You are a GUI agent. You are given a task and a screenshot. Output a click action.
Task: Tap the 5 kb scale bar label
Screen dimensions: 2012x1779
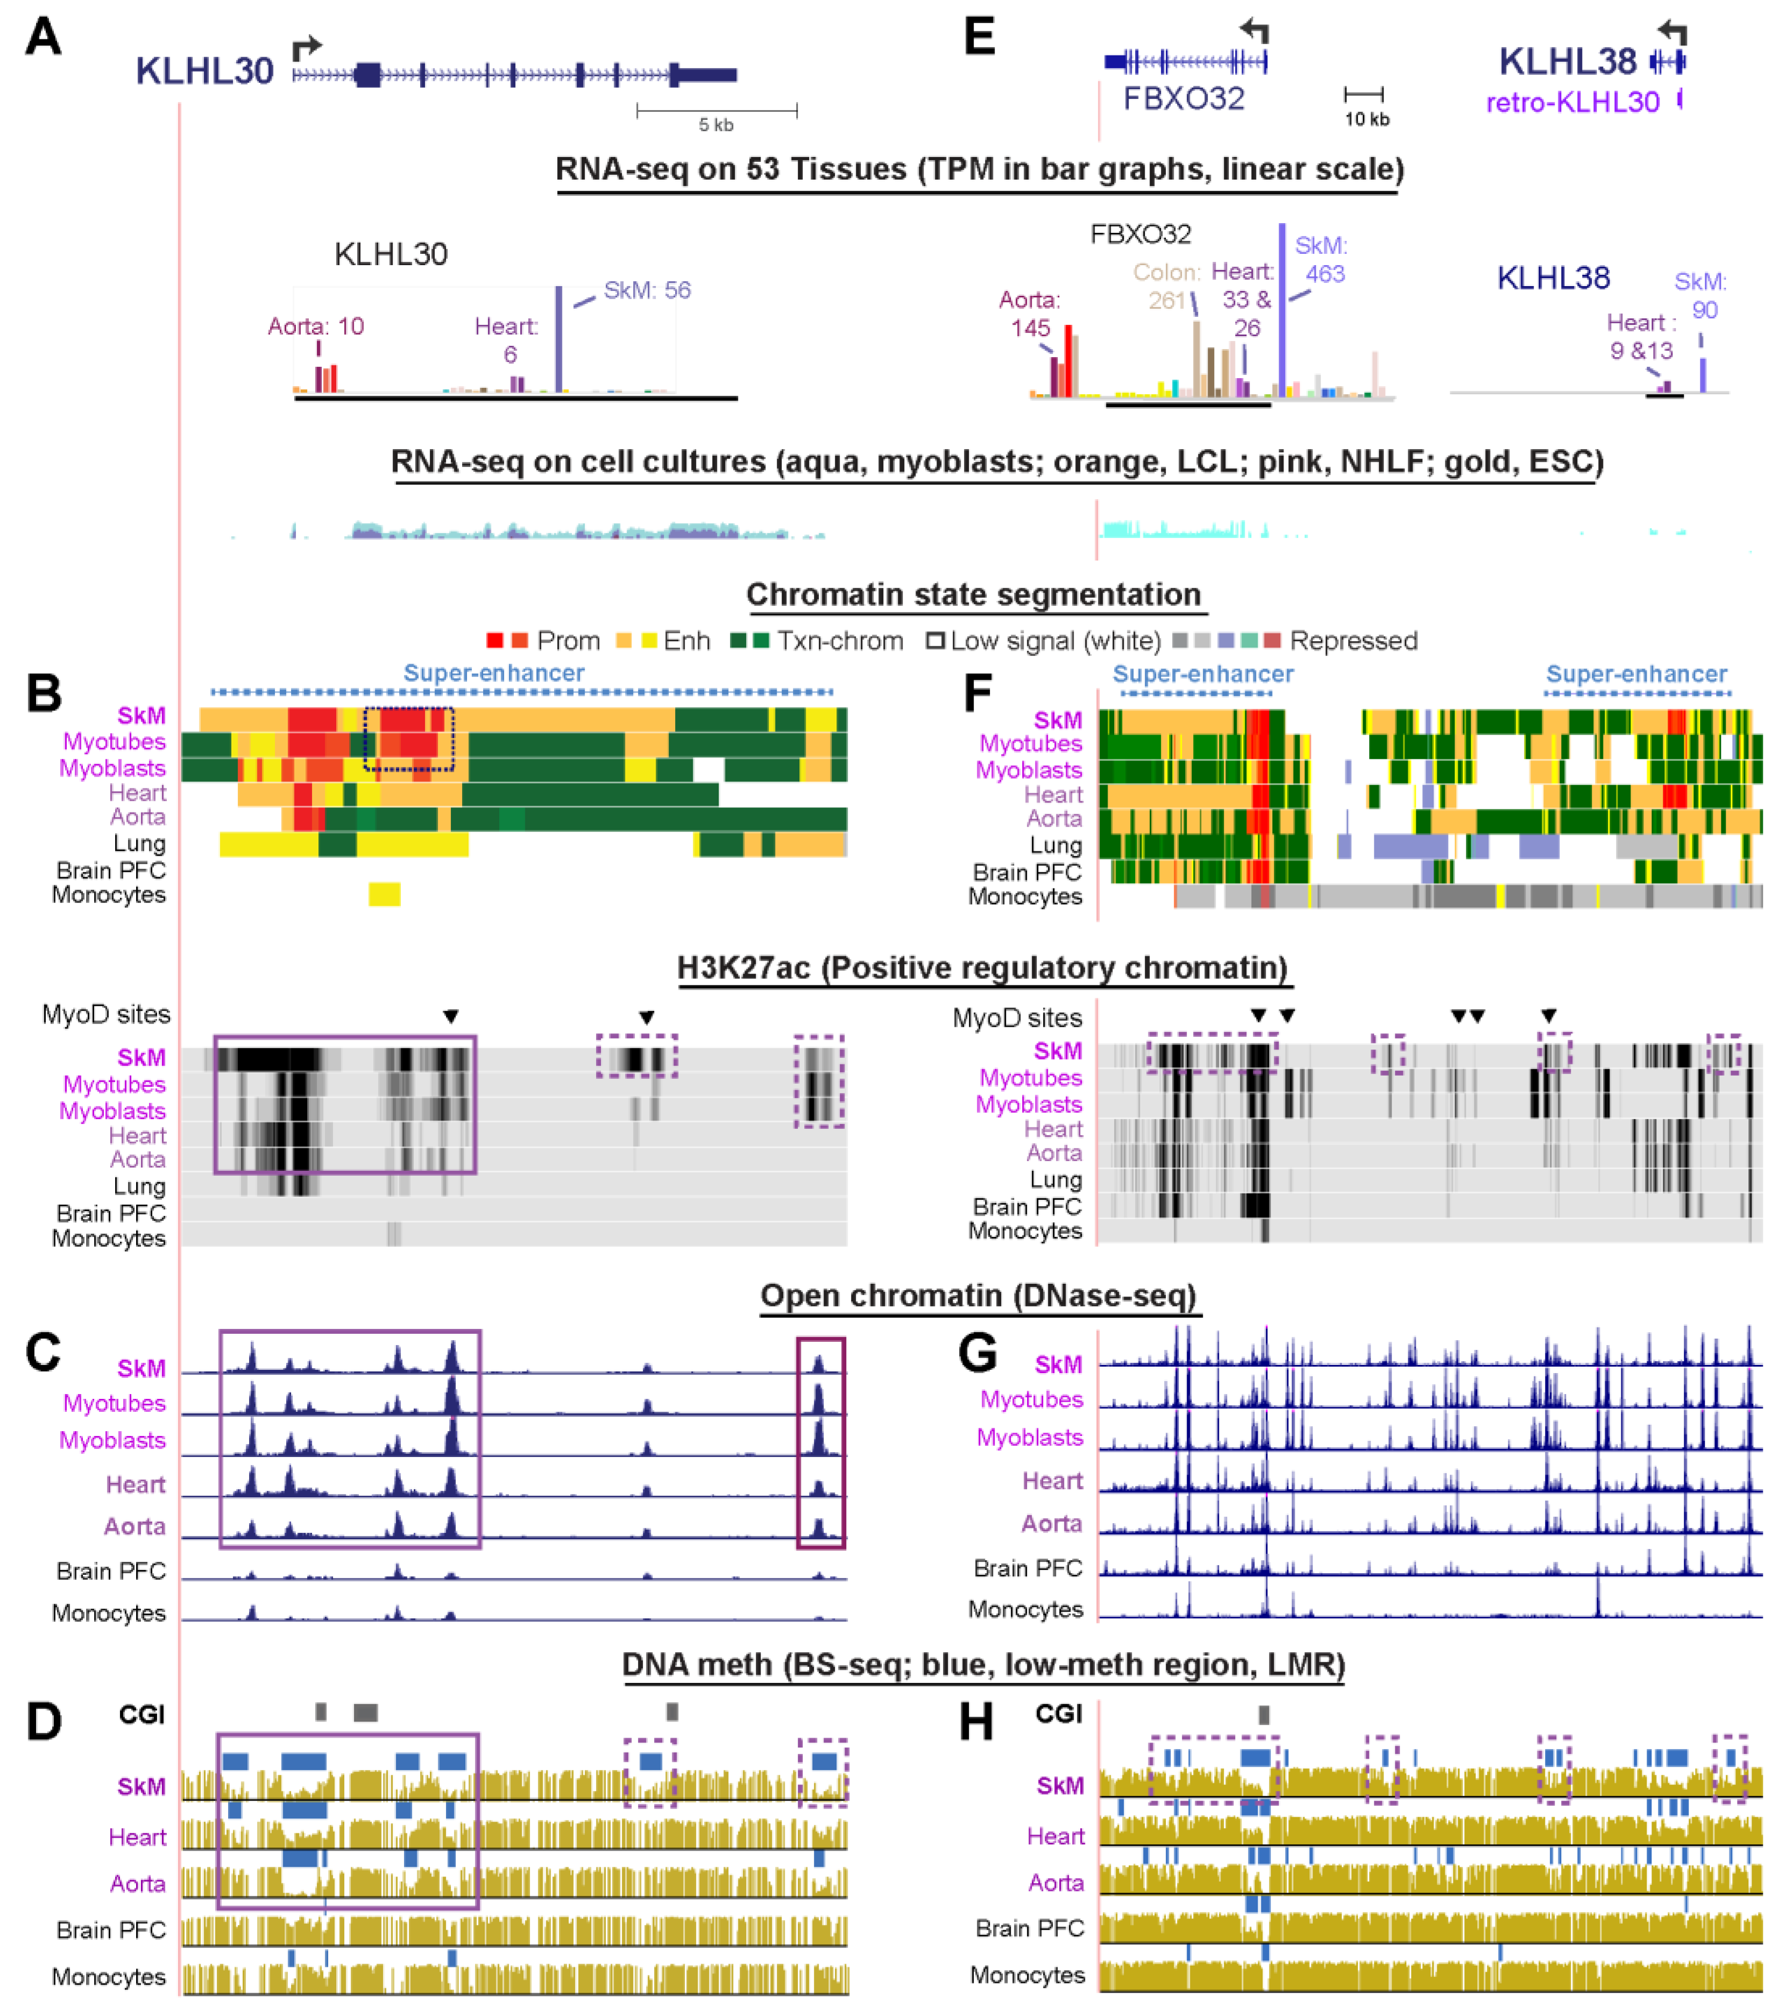(715, 125)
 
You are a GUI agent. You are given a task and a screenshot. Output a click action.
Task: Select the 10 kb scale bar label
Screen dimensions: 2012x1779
(1366, 119)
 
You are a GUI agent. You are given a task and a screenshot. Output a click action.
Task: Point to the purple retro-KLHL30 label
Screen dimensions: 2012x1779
(1572, 102)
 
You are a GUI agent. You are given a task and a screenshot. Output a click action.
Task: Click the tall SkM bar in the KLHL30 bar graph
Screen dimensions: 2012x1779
(559, 339)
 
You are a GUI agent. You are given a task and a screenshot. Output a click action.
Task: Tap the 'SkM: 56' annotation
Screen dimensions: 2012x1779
(647, 290)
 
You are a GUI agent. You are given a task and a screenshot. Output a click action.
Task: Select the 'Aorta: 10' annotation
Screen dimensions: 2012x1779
(316, 326)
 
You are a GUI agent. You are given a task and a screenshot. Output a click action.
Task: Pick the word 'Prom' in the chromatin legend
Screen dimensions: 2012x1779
(568, 641)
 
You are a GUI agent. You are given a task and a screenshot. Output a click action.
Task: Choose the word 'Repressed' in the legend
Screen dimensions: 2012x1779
(1353, 641)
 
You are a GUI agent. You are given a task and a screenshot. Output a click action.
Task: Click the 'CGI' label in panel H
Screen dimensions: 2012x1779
(1058, 1714)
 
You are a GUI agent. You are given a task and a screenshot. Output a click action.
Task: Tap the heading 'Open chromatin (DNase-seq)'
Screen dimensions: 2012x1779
(977, 1296)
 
